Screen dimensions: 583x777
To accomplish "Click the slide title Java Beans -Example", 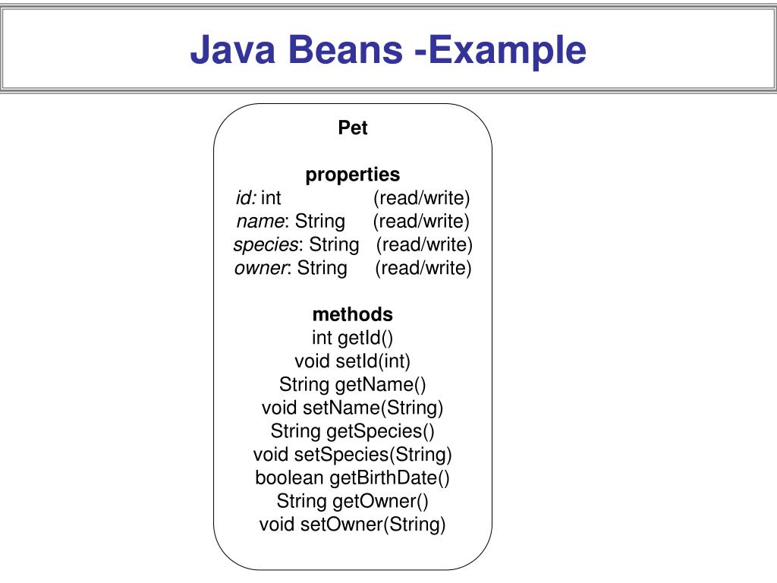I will point(388,50).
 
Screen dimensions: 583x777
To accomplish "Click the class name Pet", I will point(353,128).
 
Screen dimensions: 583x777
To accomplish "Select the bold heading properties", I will point(353,175).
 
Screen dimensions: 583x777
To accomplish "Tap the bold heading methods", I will point(353,314).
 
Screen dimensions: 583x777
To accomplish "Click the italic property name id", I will point(245,198).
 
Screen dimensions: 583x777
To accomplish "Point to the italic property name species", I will point(266,244).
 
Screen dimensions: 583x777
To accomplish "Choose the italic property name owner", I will point(260,268).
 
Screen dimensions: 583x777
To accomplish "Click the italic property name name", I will point(260,222).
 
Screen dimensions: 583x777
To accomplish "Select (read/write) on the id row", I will point(422,198).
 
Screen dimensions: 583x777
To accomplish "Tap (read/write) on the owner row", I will point(423,268).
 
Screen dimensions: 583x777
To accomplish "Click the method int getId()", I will point(353,338).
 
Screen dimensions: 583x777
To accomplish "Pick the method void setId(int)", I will point(353,361).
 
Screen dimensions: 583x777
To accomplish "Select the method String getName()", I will point(353,385).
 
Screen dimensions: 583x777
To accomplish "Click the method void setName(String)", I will point(353,408).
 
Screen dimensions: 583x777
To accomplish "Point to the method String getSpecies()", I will point(353,431).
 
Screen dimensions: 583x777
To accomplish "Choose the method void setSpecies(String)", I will point(353,455).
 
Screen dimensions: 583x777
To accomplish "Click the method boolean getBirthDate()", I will point(353,478).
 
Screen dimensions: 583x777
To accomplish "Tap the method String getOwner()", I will point(353,501).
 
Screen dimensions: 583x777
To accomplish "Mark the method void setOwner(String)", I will point(353,525).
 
